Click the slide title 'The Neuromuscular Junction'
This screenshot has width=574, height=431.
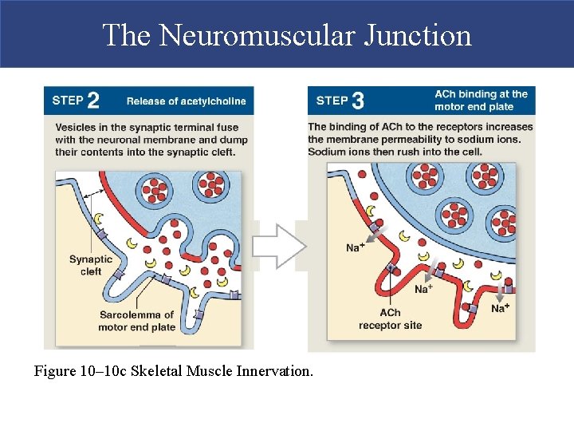point(287,35)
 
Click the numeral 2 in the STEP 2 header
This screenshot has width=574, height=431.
point(93,101)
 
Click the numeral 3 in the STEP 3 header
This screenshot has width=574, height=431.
point(358,101)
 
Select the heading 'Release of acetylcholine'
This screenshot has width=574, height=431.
point(186,101)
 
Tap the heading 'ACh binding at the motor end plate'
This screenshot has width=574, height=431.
point(481,100)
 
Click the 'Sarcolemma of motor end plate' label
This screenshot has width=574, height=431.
point(137,321)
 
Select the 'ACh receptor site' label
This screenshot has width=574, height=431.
point(390,319)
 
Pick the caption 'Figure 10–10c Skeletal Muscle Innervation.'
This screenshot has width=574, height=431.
point(174,371)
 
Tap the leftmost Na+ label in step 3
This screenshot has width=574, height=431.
point(356,247)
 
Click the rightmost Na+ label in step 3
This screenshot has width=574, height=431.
point(501,308)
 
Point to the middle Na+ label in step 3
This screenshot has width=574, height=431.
point(423,288)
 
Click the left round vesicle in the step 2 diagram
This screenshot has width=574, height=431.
point(151,189)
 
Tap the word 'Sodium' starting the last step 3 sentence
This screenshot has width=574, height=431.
point(327,152)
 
